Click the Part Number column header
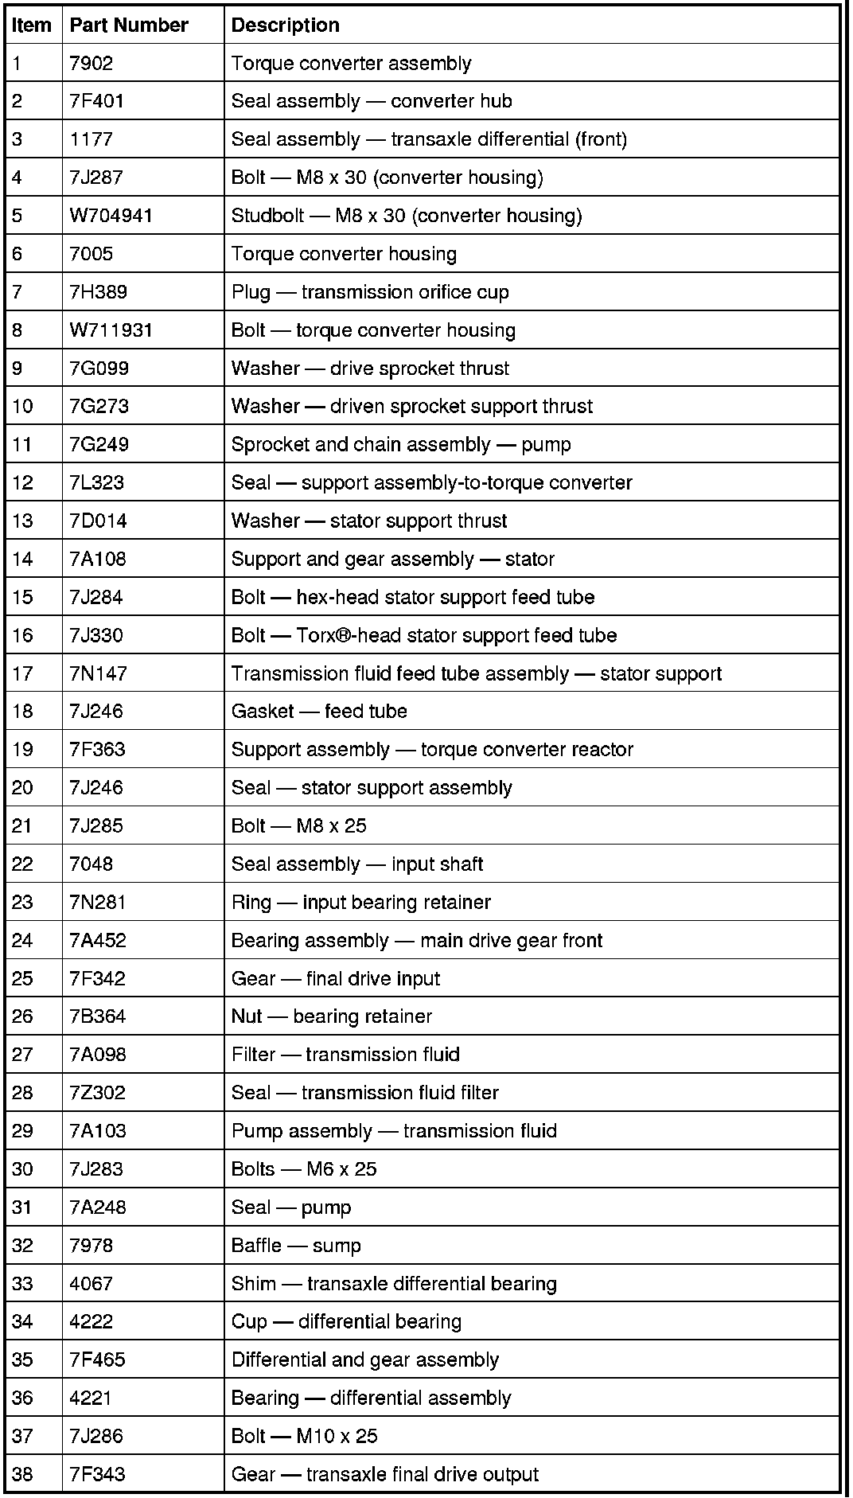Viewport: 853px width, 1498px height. (x=129, y=25)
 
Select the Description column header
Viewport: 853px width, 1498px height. (x=285, y=25)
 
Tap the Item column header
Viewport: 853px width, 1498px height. (x=32, y=25)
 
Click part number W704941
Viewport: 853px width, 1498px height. (x=111, y=216)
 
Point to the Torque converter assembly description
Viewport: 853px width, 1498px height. (x=351, y=64)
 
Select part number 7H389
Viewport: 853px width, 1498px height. (x=98, y=292)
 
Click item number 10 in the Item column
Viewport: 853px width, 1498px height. (x=22, y=407)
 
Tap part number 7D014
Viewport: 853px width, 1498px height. (x=98, y=521)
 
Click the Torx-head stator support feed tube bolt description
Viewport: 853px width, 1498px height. (x=424, y=635)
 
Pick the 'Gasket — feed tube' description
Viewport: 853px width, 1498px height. (x=319, y=711)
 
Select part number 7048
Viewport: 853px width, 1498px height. (x=92, y=864)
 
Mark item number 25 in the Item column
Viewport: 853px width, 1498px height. (x=22, y=978)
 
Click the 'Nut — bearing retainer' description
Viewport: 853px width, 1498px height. (x=331, y=1016)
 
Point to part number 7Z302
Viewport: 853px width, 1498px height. (x=97, y=1093)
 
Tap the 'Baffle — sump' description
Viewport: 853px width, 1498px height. (x=296, y=1246)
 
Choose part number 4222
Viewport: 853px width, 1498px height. (x=92, y=1321)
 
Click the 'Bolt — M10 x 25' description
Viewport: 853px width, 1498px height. (x=304, y=1436)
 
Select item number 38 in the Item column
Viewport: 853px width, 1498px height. (x=22, y=1474)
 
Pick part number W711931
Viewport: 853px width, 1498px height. (x=111, y=330)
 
